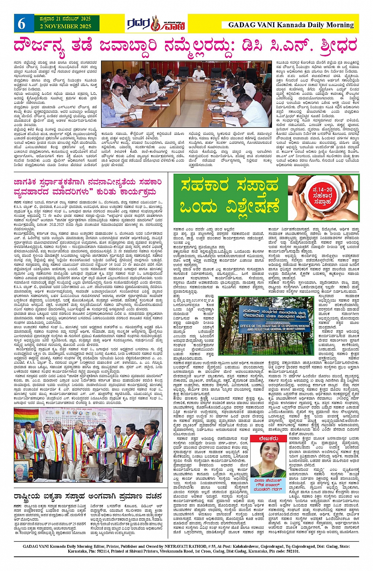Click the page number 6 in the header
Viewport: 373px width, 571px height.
tap(21, 24)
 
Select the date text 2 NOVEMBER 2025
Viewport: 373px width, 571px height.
tap(65, 26)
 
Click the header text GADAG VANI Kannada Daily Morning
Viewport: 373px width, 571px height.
tap(291, 25)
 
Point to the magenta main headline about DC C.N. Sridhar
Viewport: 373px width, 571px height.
tap(186, 46)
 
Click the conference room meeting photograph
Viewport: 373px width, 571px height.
tap(186, 94)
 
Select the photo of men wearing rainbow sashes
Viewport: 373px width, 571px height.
tap(88, 445)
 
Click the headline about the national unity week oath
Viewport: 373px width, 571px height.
tap(88, 496)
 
